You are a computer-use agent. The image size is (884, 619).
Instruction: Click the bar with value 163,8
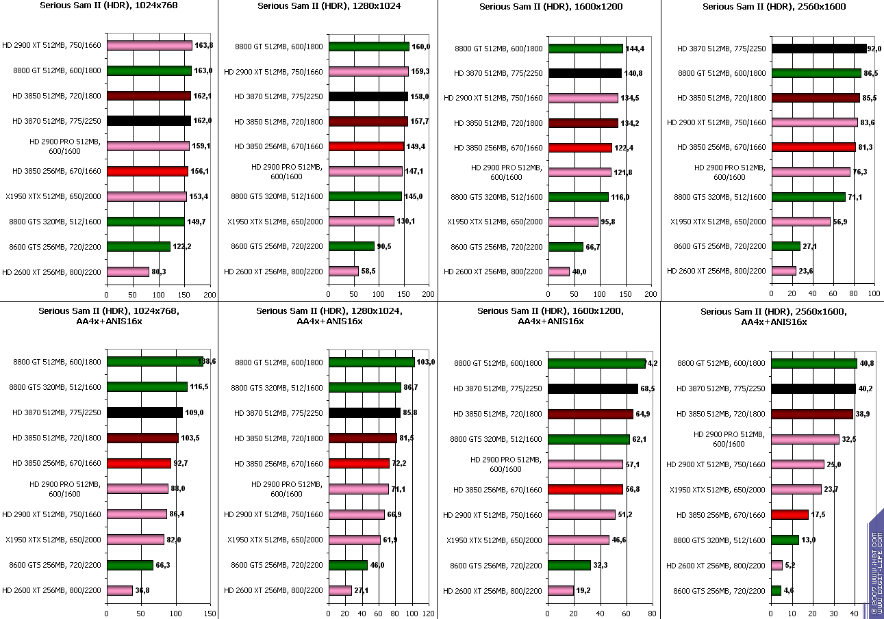pos(149,46)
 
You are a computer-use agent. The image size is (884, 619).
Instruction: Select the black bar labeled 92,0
pos(819,49)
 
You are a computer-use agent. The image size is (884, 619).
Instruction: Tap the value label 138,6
pos(206,361)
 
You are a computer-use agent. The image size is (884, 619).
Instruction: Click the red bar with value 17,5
pos(790,514)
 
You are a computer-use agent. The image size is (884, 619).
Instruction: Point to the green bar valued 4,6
pos(776,590)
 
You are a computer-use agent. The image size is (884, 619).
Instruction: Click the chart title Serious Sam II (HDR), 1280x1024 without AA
pos(329,7)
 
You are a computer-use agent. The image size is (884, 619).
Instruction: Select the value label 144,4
pos(635,49)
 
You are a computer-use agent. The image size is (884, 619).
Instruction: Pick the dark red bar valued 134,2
pos(583,123)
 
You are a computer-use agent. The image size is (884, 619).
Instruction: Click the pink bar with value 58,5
pos(344,271)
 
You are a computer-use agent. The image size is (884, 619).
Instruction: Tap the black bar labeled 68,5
pos(593,388)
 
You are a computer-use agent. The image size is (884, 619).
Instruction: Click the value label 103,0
pos(426,362)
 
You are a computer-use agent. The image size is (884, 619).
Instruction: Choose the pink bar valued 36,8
pos(120,590)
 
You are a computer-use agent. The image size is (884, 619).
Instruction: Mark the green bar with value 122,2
pos(138,246)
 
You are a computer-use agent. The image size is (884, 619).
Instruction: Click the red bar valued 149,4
pos(366,146)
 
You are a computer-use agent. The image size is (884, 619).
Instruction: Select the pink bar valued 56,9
pos(800,222)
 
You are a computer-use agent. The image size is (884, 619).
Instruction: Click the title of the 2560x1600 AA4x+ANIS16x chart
pos(773,316)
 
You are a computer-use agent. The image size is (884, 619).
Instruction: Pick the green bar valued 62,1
pos(589,439)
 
